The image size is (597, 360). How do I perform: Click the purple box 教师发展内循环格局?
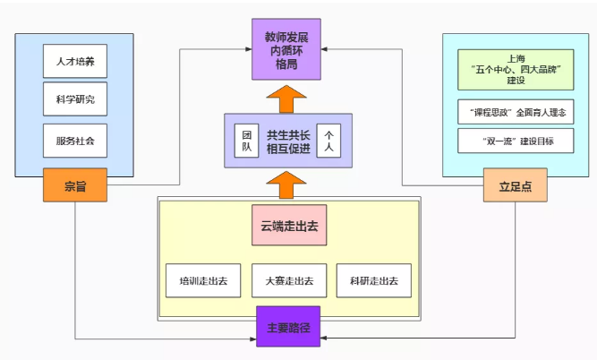[286, 48]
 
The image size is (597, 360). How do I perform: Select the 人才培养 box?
[75, 63]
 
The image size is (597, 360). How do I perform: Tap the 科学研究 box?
[75, 100]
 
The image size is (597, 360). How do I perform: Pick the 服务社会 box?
[75, 141]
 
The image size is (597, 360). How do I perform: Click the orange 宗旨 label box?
[74, 185]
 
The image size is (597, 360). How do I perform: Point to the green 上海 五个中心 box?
[516, 68]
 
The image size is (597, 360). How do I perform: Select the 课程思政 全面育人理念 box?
[516, 113]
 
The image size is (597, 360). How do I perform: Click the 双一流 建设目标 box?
[516, 141]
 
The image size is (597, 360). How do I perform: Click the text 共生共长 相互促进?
[288, 141]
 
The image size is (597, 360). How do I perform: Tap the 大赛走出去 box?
[288, 282]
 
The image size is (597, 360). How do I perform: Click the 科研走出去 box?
[374, 282]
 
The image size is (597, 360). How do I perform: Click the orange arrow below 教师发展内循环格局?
[286, 97]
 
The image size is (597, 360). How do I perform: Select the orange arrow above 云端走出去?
[286, 184]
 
